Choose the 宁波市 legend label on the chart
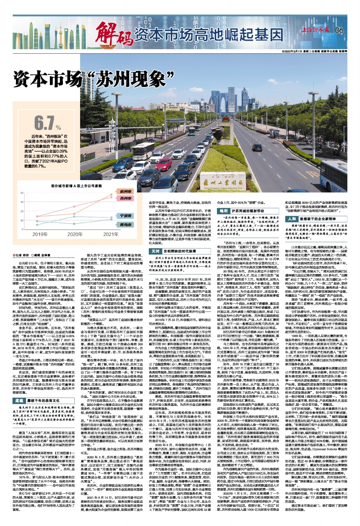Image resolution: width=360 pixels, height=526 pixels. (124, 215)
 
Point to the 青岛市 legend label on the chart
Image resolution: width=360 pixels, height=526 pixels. (124, 225)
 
